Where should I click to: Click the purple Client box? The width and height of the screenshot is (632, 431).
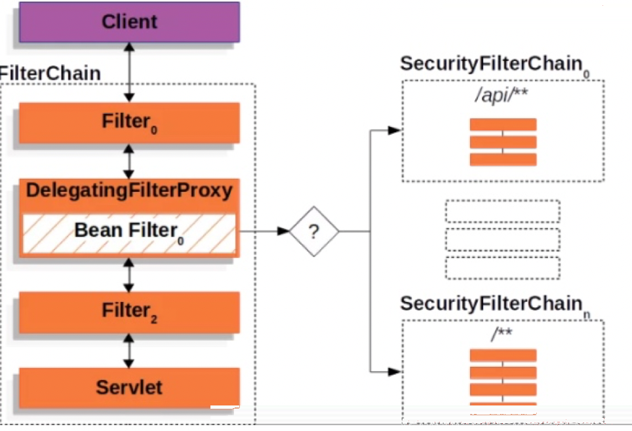click(x=129, y=22)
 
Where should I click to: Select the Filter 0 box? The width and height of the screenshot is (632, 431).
click(x=129, y=123)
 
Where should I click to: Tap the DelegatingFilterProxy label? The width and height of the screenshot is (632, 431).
click(x=129, y=191)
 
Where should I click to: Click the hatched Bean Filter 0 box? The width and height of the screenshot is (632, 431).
click(x=129, y=234)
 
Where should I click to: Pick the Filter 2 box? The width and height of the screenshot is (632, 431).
click(x=129, y=312)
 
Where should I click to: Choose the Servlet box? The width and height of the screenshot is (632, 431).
click(x=129, y=388)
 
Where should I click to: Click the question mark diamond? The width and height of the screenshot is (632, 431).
click(x=314, y=232)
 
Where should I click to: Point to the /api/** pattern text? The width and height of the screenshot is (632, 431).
click(x=502, y=95)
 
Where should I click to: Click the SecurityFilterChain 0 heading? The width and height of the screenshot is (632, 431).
click(x=495, y=66)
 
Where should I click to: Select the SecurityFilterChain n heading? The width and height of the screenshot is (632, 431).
click(x=495, y=305)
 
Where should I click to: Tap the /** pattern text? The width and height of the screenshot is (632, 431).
click(x=502, y=333)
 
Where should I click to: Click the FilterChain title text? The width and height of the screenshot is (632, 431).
click(x=50, y=73)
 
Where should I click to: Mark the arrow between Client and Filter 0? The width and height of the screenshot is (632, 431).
click(x=129, y=73)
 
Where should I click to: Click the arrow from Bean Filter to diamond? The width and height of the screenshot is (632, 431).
click(x=264, y=232)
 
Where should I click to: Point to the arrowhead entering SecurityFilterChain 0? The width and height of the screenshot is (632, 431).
click(x=394, y=130)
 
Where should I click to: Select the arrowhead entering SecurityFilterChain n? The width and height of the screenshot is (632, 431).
click(x=394, y=372)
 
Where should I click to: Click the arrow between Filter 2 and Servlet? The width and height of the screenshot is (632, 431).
click(x=129, y=350)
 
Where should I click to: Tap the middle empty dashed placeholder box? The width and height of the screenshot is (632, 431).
click(x=503, y=240)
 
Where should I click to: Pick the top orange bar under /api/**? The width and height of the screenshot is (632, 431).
click(x=503, y=124)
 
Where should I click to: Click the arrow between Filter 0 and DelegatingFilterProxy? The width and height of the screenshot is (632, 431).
click(x=129, y=161)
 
